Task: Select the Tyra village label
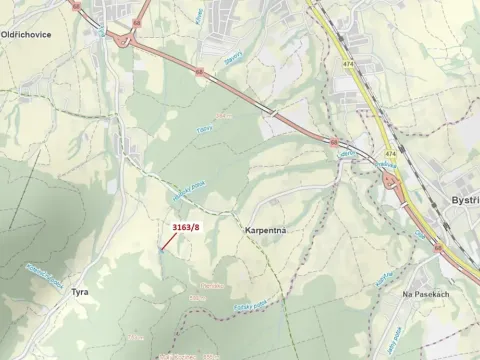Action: (79, 292)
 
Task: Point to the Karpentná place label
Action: (265, 231)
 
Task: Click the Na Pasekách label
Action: (422, 295)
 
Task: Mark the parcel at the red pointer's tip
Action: (160, 250)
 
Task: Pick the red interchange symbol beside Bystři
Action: (389, 180)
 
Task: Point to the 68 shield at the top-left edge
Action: (78, 4)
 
